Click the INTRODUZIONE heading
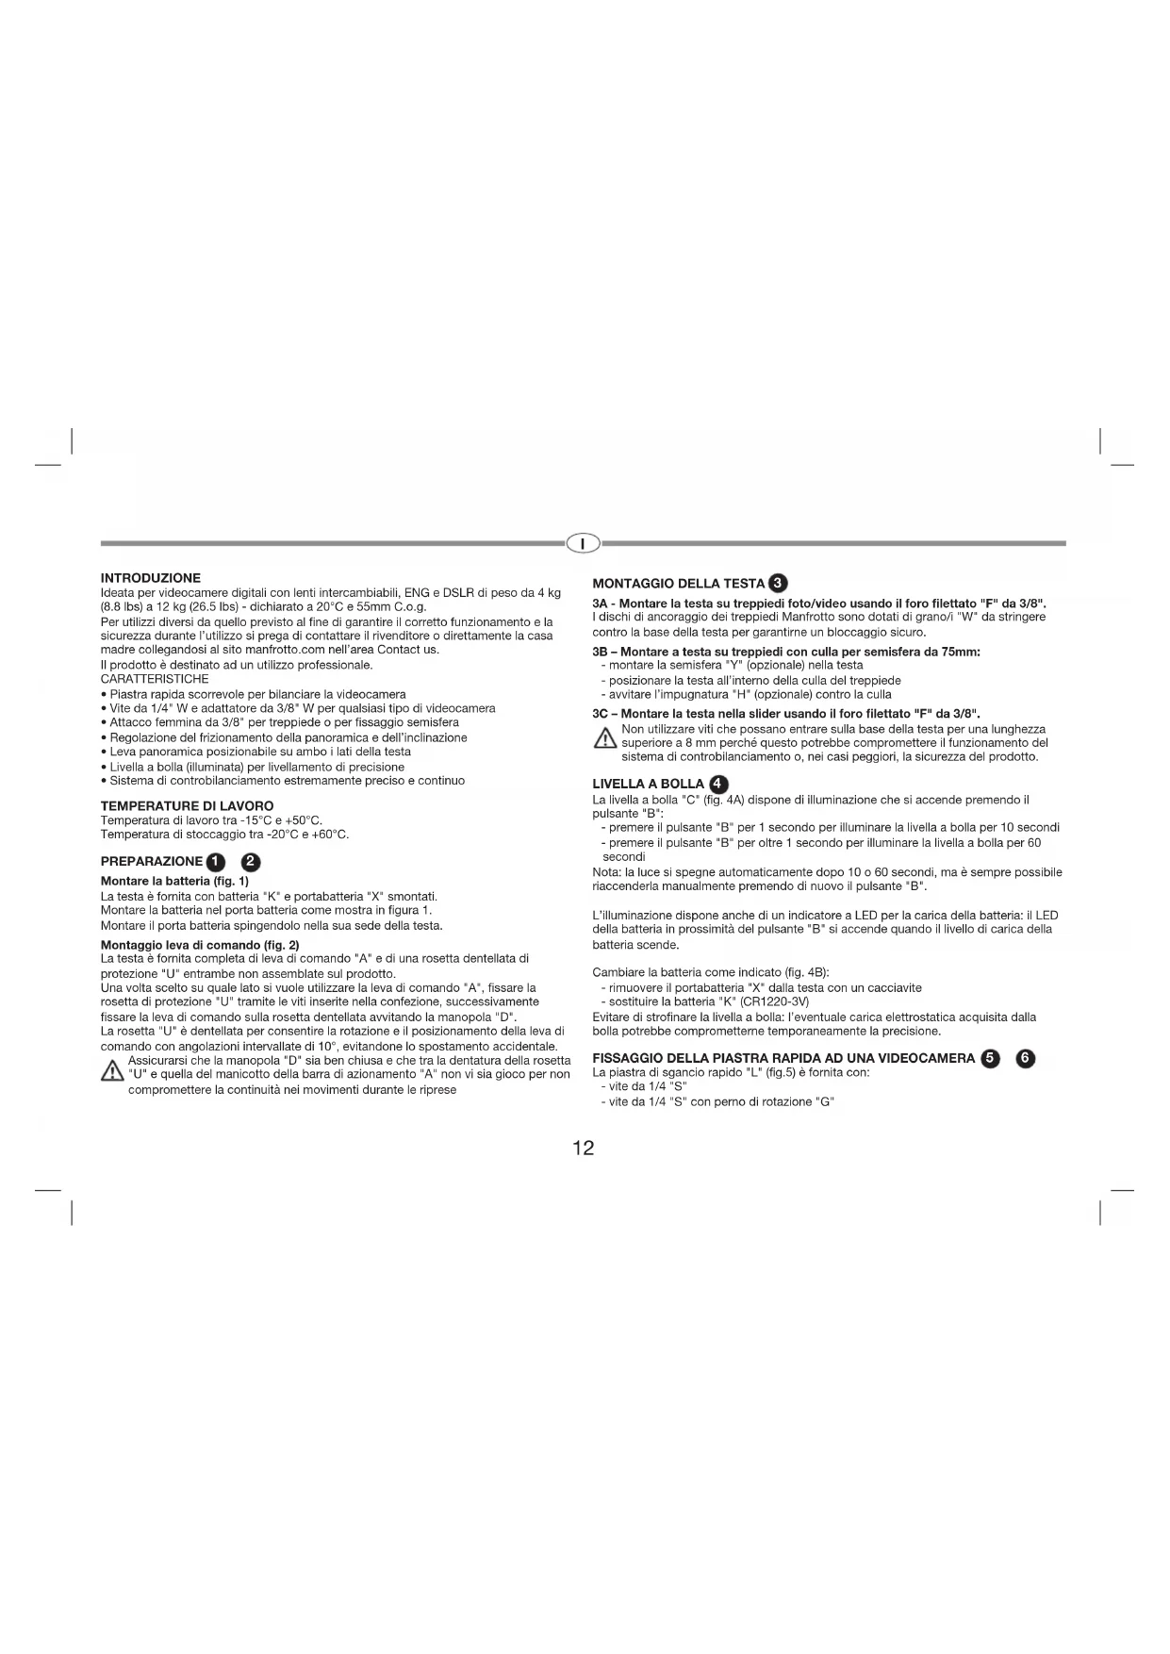coord(150,578)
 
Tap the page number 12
coord(584,1148)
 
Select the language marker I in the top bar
coord(584,543)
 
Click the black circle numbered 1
coord(216,861)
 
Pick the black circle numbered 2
coord(252,861)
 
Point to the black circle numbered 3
coord(779,583)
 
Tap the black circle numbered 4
coord(718,784)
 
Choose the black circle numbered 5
coord(989,1058)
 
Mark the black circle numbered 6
coord(1025,1058)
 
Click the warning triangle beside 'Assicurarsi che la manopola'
coord(112,1074)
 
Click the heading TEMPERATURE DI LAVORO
coord(187,806)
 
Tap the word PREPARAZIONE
coord(151,861)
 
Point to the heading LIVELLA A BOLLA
coord(648,784)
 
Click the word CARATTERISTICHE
coord(155,679)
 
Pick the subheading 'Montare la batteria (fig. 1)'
coord(174,881)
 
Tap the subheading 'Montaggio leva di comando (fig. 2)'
coord(200,945)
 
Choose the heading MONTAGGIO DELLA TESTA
coord(678,584)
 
